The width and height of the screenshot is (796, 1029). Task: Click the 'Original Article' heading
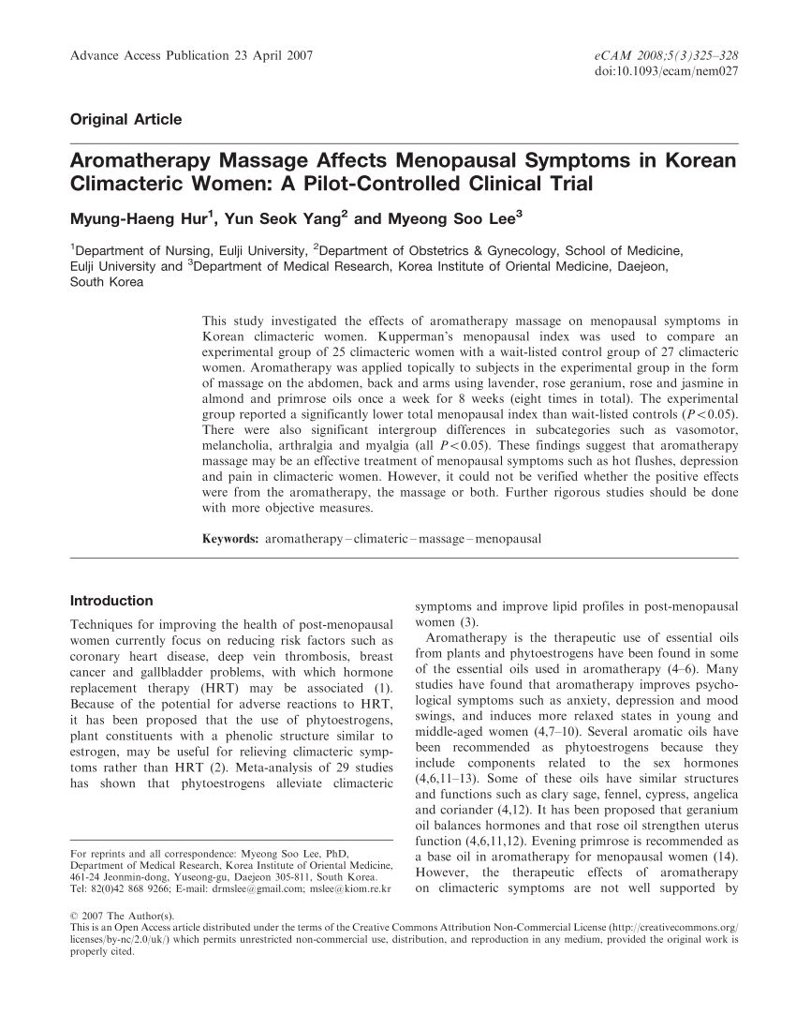pyautogui.click(x=126, y=119)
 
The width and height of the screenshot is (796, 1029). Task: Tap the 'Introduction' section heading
pyautogui.click(x=111, y=600)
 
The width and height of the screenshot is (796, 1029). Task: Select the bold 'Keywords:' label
pyautogui.click(x=230, y=539)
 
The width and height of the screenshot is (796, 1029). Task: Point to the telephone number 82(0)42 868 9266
pyautogui.click(x=132, y=887)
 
